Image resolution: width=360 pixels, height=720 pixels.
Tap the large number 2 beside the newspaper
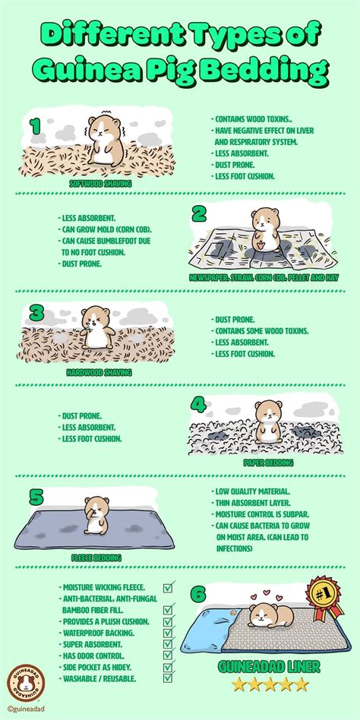(200, 214)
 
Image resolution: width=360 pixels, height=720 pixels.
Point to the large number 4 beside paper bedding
(199, 403)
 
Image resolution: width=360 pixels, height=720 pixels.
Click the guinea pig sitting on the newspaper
(262, 229)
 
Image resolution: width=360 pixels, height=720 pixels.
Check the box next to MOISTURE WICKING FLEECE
(169, 587)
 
